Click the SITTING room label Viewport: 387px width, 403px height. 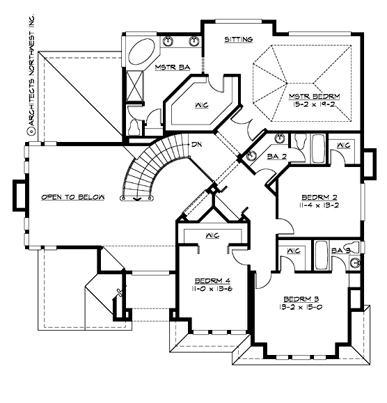pyautogui.click(x=238, y=40)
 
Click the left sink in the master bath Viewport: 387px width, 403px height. pyautogui.click(x=168, y=42)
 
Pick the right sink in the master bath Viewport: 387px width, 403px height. pyautogui.click(x=193, y=42)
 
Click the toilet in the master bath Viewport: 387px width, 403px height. pyautogui.click(x=134, y=126)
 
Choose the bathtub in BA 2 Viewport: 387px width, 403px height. pyautogui.click(x=317, y=148)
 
